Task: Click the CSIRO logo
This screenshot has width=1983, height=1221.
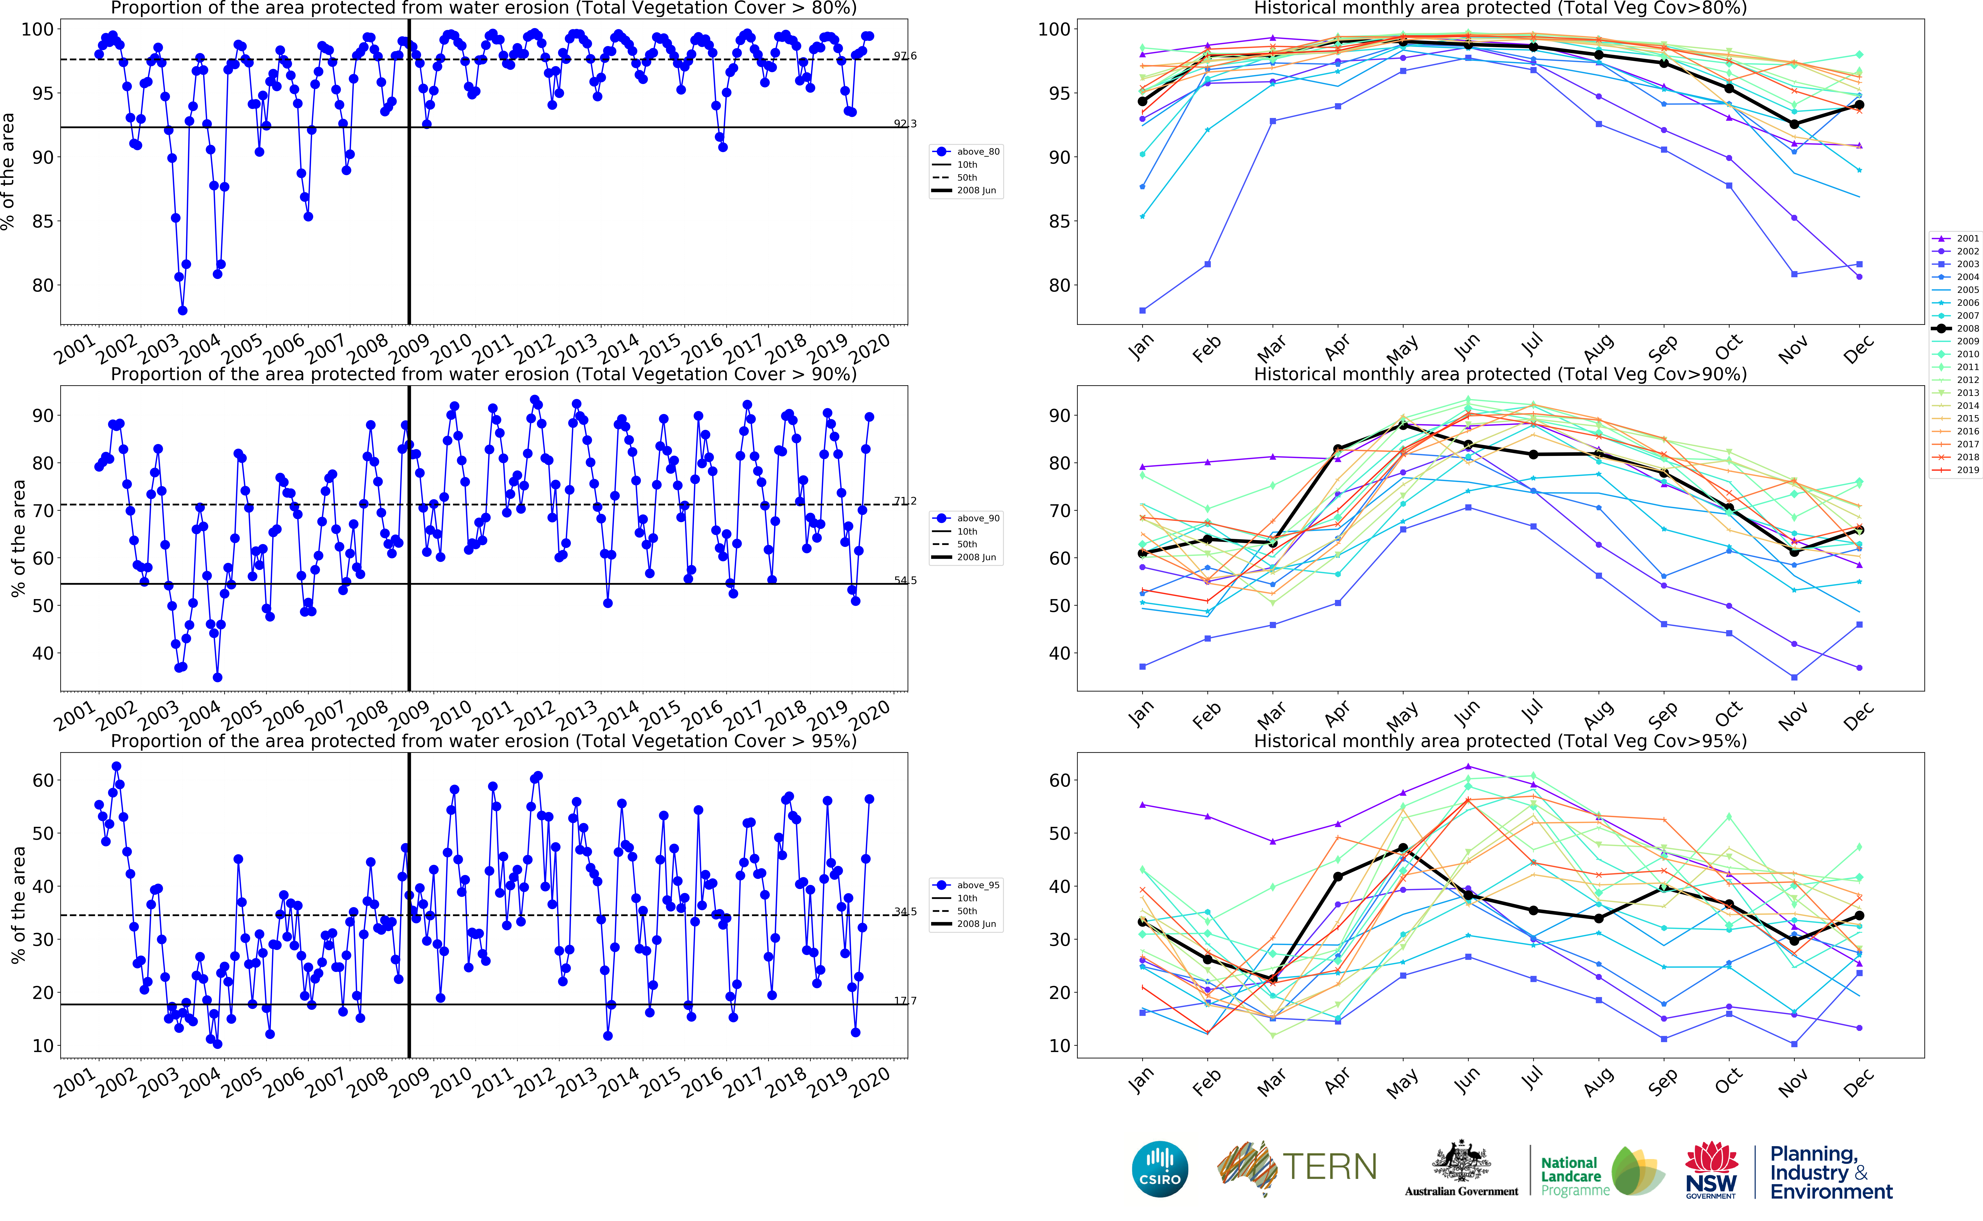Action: pos(1160,1169)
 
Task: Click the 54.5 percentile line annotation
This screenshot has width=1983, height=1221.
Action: pos(905,580)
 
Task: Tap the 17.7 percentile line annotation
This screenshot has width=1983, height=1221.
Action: pos(905,1000)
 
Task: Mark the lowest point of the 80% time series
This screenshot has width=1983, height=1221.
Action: pos(183,310)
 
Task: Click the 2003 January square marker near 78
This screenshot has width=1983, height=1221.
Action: pos(1142,310)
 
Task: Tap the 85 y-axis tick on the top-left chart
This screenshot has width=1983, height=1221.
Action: pos(42,221)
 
